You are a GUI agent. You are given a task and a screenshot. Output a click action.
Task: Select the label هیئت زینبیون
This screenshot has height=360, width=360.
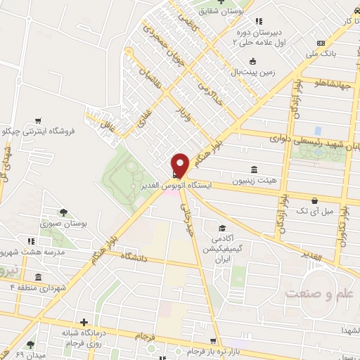coord(252,181)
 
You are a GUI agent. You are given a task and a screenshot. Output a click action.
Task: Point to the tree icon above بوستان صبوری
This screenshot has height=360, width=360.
coord(63,212)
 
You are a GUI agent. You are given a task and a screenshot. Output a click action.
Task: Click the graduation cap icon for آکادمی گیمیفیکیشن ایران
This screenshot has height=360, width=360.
coord(222,229)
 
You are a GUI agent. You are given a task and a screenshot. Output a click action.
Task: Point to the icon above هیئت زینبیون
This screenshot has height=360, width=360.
coord(252,169)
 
